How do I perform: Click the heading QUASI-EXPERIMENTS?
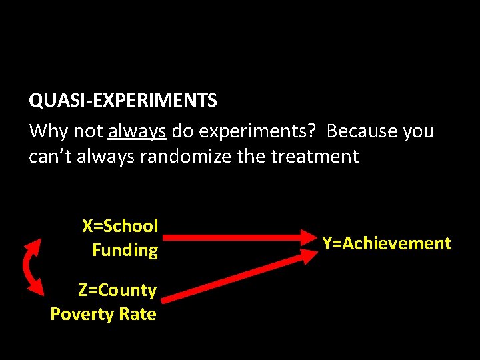(123, 101)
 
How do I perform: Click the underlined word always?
(137, 131)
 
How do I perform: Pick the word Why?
(48, 131)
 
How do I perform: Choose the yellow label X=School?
(120, 226)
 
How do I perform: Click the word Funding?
(125, 250)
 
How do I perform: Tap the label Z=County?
(117, 290)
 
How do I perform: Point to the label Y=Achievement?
(387, 243)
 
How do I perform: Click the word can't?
(48, 157)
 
